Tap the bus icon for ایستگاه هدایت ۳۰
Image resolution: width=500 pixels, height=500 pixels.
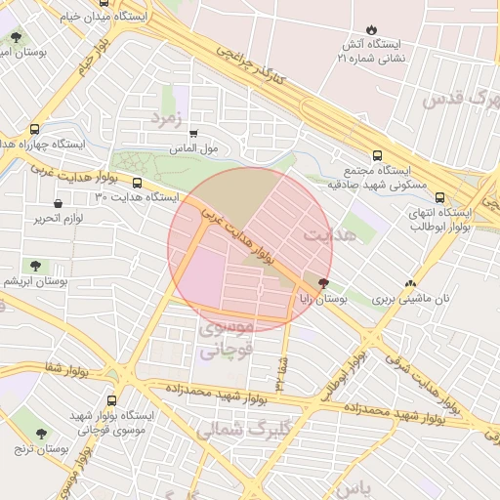point(136,183)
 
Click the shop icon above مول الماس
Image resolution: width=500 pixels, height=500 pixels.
point(192,134)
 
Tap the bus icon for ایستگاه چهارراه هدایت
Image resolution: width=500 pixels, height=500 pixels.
point(35,129)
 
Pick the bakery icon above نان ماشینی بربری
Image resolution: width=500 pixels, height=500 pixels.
point(410,283)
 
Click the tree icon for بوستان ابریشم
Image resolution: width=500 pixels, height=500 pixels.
point(35,265)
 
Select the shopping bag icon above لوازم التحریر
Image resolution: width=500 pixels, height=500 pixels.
point(60,203)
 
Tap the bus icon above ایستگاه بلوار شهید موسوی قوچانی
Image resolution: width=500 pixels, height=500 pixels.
point(110,399)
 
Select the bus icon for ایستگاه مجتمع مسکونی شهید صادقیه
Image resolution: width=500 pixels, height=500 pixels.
point(377,155)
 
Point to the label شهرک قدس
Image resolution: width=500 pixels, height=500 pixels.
point(460,98)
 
